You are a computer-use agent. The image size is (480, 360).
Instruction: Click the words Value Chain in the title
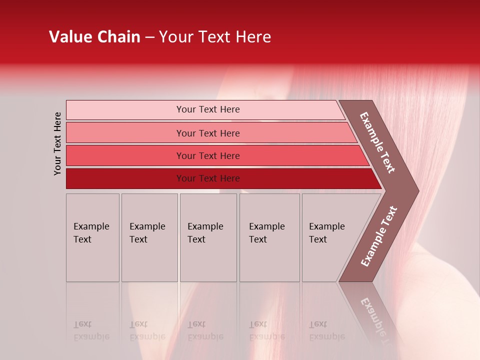[x=94, y=37]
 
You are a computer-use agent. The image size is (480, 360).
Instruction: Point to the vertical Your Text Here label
[x=58, y=143]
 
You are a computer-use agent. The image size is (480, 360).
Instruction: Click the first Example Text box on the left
[x=92, y=237]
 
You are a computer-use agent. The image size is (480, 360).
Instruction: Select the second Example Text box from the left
[x=149, y=237]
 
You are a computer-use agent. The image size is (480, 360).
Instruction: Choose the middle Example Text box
[x=208, y=237]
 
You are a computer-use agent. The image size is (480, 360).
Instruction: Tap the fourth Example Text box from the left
[x=269, y=237]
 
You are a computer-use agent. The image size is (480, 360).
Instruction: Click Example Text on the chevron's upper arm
[x=377, y=142]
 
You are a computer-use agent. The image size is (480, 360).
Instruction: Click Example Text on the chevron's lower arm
[x=379, y=236]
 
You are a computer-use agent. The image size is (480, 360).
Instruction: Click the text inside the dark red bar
[x=208, y=178]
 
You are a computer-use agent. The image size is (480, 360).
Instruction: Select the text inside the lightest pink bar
[x=208, y=109]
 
